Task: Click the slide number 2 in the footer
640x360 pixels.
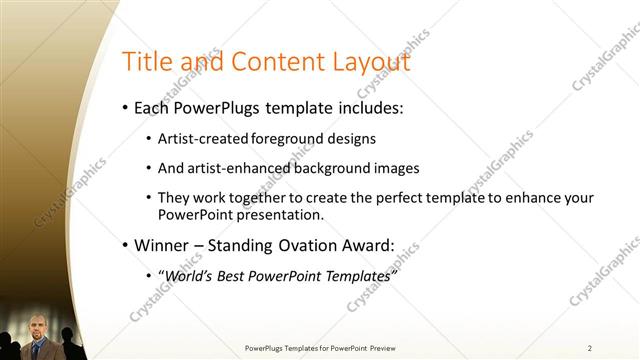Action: click(590, 347)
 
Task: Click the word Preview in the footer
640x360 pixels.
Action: click(382, 347)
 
